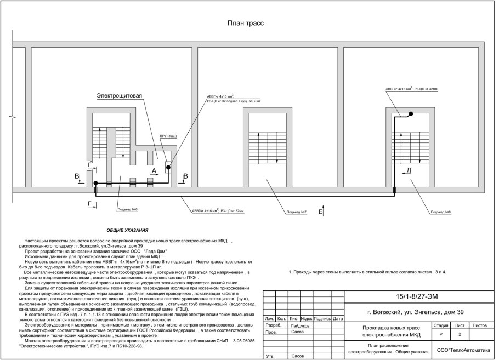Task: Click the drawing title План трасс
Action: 246,24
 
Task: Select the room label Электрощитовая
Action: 120,95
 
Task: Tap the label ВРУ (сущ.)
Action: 168,136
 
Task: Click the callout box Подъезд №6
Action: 127,209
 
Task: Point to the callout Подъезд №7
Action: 296,212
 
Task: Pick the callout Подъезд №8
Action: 441,212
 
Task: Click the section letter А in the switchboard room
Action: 154,171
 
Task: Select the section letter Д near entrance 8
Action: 409,171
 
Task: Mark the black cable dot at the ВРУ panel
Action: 168,168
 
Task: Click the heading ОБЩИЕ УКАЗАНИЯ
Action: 127,231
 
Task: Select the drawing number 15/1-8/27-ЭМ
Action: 421,296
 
